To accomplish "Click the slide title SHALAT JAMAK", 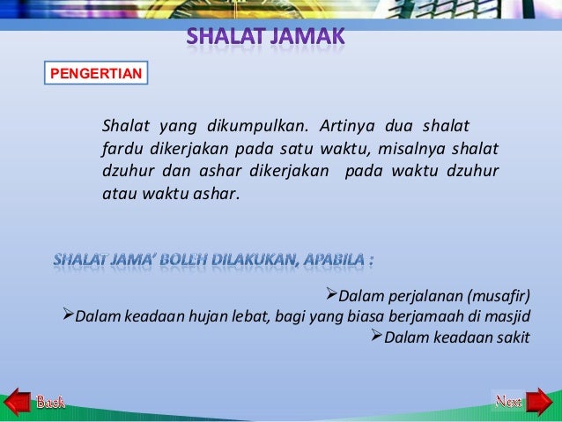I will coord(265,39).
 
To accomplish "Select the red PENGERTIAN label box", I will coord(95,72).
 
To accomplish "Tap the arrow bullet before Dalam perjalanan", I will coord(332,294).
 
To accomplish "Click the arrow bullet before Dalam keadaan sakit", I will coord(380,336).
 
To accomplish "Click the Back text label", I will coord(50,403).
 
